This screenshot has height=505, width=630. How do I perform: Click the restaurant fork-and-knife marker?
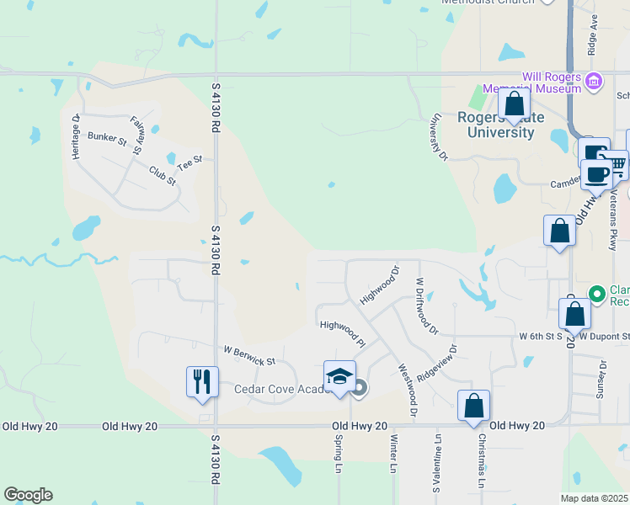click(x=202, y=381)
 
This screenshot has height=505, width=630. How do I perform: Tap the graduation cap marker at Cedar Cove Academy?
click(x=339, y=376)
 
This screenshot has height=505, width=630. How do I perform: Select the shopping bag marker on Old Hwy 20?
click(x=474, y=406)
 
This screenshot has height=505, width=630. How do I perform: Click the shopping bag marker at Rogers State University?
click(x=514, y=104)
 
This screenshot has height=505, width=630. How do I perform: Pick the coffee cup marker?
click(x=596, y=174)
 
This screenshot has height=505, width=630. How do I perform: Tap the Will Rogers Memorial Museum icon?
click(x=595, y=82)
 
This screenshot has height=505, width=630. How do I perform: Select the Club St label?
click(x=162, y=177)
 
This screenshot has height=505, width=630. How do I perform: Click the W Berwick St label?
click(x=249, y=355)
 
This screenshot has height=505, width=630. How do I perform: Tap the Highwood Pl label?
click(x=342, y=332)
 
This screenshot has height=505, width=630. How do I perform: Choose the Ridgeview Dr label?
click(x=435, y=362)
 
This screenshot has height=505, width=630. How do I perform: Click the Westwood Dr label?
click(x=407, y=390)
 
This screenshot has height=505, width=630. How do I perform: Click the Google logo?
click(x=28, y=495)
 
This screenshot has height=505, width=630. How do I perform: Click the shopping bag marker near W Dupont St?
click(x=574, y=314)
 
